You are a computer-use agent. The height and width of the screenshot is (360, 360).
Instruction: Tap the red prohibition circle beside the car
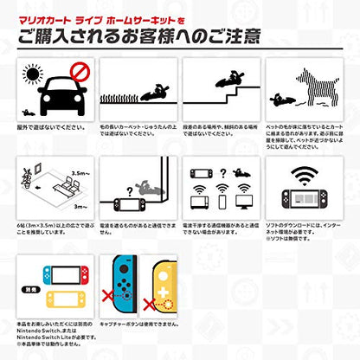pos(76,71)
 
